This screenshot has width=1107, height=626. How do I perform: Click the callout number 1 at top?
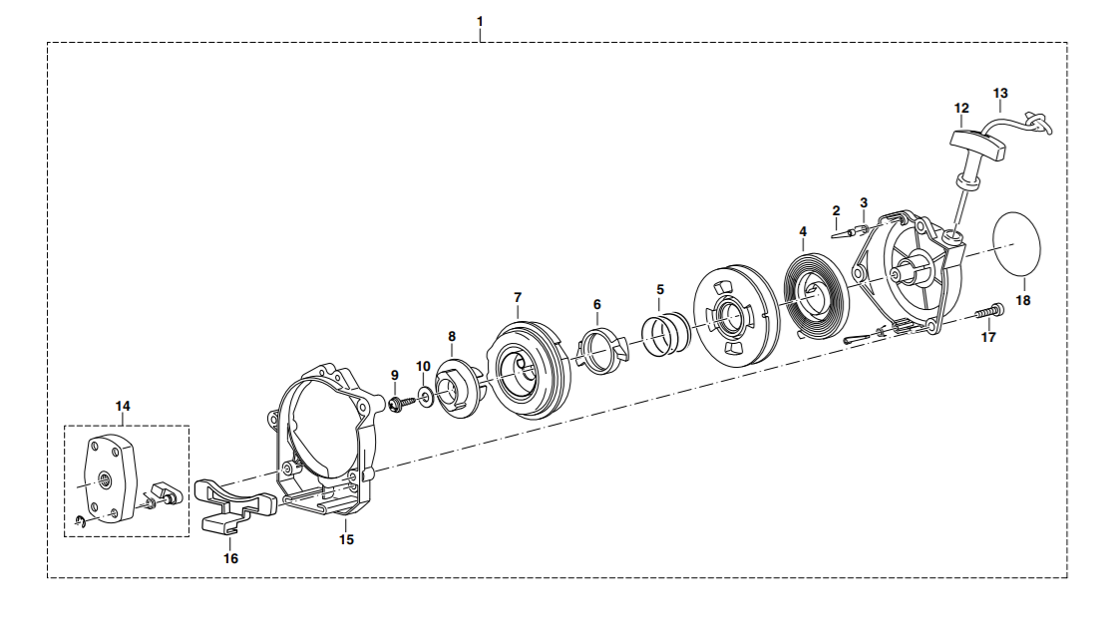(x=480, y=21)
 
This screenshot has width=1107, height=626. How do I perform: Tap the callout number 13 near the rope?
(x=1000, y=93)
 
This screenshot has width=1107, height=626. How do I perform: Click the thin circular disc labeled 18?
(x=1016, y=243)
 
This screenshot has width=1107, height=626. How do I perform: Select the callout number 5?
(x=660, y=289)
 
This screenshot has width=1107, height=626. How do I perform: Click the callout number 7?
(x=518, y=297)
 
